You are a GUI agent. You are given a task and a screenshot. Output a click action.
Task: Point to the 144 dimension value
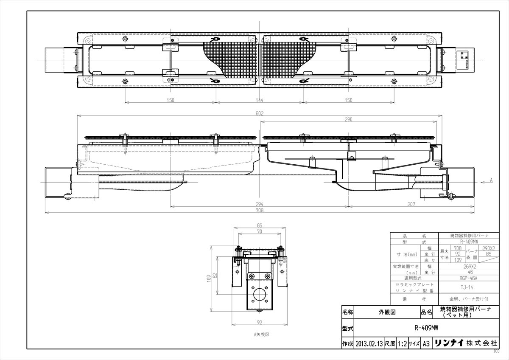[260, 100]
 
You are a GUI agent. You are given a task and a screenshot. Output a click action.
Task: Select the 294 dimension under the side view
[260, 204]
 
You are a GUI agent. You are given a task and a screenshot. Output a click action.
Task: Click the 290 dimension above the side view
[349, 120]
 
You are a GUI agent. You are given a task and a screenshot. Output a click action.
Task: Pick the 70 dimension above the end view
[259, 231]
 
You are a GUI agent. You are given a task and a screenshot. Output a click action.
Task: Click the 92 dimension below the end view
[259, 322]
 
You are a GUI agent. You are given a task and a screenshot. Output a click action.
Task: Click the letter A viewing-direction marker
[491, 180]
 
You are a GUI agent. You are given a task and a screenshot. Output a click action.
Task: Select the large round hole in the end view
[258, 294]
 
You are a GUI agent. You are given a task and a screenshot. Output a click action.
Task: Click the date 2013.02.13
[370, 343]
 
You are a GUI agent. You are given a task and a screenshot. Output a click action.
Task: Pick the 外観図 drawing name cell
[386, 312]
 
